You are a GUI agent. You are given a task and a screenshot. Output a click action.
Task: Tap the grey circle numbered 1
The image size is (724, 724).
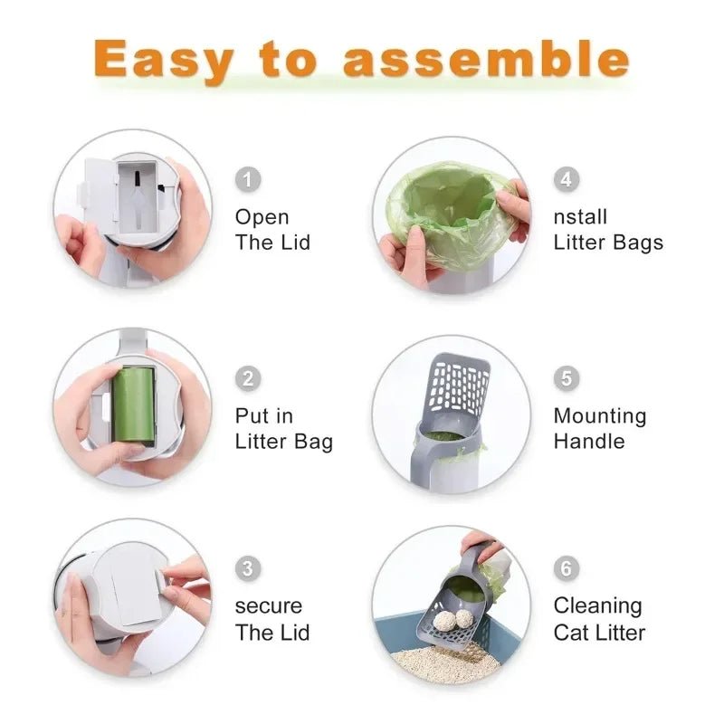pyautogui.click(x=248, y=179)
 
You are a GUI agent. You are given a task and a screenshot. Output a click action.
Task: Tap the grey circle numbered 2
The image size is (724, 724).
pyautogui.click(x=248, y=378)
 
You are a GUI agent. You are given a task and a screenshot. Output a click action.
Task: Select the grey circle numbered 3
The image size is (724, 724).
pyautogui.click(x=248, y=568)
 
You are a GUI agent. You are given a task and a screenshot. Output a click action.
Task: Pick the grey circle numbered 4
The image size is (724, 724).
pyautogui.click(x=566, y=179)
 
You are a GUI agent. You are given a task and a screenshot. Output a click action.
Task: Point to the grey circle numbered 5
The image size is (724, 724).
pyautogui.click(x=566, y=378)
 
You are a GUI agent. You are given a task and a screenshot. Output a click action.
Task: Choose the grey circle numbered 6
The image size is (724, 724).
pyautogui.click(x=566, y=568)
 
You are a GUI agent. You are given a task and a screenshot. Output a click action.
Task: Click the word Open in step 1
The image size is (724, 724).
pyautogui.click(x=262, y=217)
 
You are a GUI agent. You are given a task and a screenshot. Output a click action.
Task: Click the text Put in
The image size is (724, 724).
pyautogui.click(x=264, y=416)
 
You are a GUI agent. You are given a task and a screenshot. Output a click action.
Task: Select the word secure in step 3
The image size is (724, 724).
pyautogui.click(x=269, y=606)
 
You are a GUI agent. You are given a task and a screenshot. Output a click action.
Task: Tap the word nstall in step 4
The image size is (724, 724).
pyautogui.click(x=580, y=217)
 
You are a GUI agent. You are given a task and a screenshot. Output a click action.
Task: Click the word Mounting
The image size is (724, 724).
pyautogui.click(x=600, y=416)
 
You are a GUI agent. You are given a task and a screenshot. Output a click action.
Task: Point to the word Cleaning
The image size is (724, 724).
pyautogui.click(x=597, y=606)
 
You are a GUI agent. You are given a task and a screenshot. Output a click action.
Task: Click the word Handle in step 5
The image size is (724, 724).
pyautogui.click(x=588, y=442)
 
